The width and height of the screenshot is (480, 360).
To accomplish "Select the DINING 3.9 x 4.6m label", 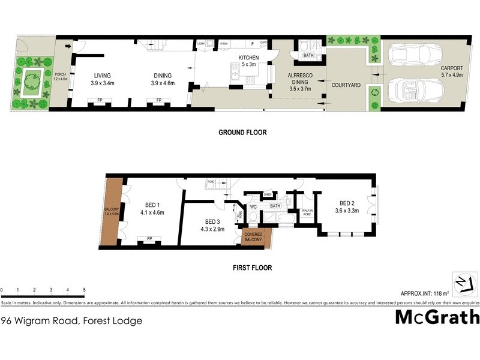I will point(162,79).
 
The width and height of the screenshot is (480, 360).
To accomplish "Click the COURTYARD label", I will point(346,85).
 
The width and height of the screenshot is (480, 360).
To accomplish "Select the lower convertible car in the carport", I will point(416,91).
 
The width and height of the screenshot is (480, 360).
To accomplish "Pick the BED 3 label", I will point(213,224).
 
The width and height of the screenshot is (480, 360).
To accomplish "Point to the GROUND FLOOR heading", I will point(242,133).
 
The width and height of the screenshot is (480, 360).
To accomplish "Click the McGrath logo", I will point(437,317).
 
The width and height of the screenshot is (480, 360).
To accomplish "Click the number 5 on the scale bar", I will point(84,290).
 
